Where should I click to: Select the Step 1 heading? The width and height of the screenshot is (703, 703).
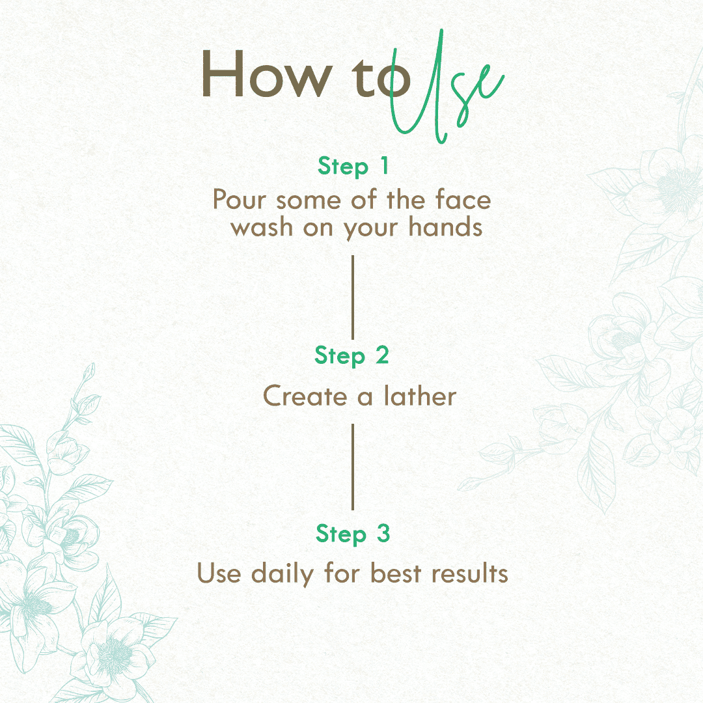click(x=353, y=167)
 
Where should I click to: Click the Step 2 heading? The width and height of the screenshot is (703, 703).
click(x=352, y=355)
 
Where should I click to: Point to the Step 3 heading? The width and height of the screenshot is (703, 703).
click(x=353, y=534)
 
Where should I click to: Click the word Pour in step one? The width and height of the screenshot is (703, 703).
click(x=240, y=199)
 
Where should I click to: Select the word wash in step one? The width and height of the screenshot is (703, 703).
click(x=262, y=227)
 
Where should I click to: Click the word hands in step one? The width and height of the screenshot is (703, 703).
click(x=445, y=227)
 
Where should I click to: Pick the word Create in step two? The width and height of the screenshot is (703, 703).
click(x=305, y=396)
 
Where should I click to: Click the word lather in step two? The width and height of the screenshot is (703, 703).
click(x=420, y=396)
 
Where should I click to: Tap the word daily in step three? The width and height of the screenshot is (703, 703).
click(x=283, y=574)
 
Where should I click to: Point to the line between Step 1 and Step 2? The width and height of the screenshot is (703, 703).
click(x=353, y=297)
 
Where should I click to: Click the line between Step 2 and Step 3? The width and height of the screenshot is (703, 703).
click(x=353, y=467)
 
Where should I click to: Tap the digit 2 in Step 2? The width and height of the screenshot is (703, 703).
click(x=382, y=355)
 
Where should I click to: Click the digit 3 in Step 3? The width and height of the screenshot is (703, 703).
click(x=383, y=533)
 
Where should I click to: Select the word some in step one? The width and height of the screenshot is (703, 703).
click(x=309, y=201)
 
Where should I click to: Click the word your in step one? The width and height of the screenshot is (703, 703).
click(x=370, y=229)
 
